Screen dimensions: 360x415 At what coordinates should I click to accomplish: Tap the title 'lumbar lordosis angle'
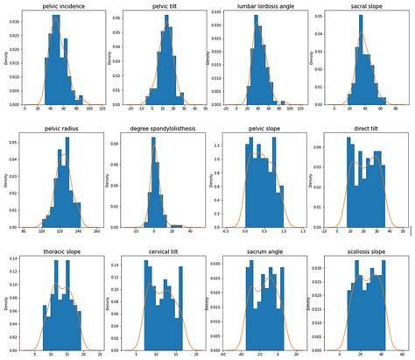click(259, 6)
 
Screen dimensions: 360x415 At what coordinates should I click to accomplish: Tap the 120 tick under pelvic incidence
click(103, 109)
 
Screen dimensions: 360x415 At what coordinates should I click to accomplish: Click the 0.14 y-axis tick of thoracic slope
click(17, 260)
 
